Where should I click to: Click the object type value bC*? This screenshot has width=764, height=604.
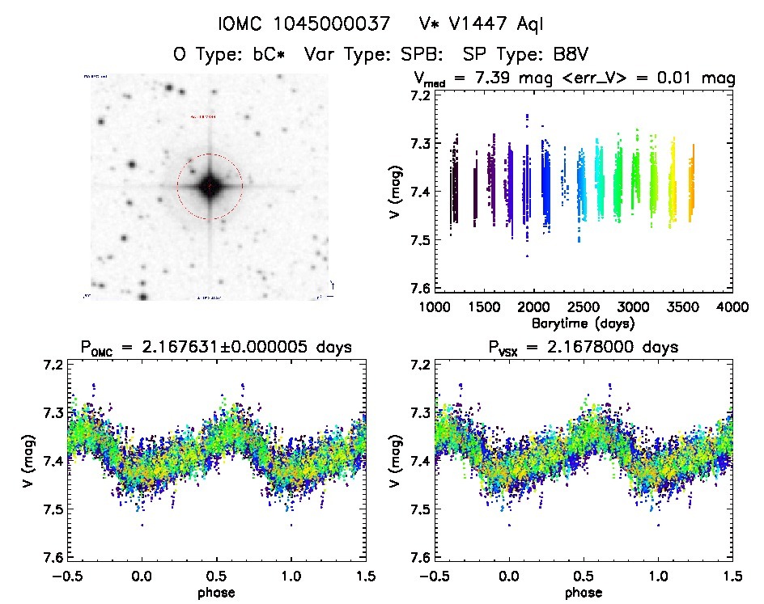point(271,55)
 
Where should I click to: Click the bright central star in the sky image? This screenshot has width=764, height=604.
point(210,187)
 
